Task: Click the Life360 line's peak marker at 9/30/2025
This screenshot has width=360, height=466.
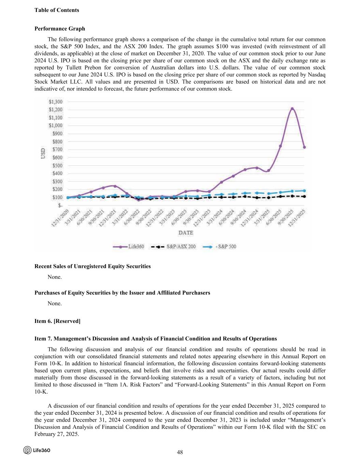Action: click(292, 109)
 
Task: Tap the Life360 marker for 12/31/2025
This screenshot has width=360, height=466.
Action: click(304, 147)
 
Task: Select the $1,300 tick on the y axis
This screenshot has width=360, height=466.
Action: click(56, 102)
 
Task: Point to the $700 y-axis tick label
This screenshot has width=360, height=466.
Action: click(57, 150)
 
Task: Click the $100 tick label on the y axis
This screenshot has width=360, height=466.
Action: click(57, 197)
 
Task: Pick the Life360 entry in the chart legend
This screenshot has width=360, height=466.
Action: click(129, 246)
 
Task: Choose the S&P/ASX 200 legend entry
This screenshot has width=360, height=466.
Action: click(174, 246)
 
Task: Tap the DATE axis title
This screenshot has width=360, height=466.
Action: click(186, 233)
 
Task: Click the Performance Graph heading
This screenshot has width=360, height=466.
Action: click(60, 29)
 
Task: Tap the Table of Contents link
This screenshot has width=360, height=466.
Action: click(57, 10)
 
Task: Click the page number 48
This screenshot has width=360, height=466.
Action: click(180, 452)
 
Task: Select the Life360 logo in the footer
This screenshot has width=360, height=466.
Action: click(37, 450)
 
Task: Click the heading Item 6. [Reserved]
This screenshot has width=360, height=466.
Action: click(57, 321)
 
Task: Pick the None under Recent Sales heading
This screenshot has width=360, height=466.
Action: click(55, 277)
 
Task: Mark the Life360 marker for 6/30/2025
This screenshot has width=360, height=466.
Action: click(280, 146)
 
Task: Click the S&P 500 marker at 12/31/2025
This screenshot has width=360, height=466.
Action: click(304, 191)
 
